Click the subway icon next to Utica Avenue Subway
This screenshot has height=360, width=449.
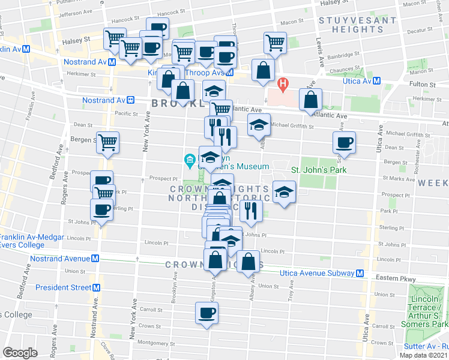tap(360, 273)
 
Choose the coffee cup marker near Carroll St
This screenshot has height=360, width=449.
tap(208, 313)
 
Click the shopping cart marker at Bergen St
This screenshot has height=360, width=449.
tap(107, 142)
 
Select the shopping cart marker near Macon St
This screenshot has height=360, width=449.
tap(274, 42)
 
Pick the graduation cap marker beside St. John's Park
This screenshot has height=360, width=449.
tap(283, 191)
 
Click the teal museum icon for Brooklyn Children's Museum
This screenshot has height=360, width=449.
tap(189, 160)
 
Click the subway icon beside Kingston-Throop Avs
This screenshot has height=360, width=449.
tap(237, 74)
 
